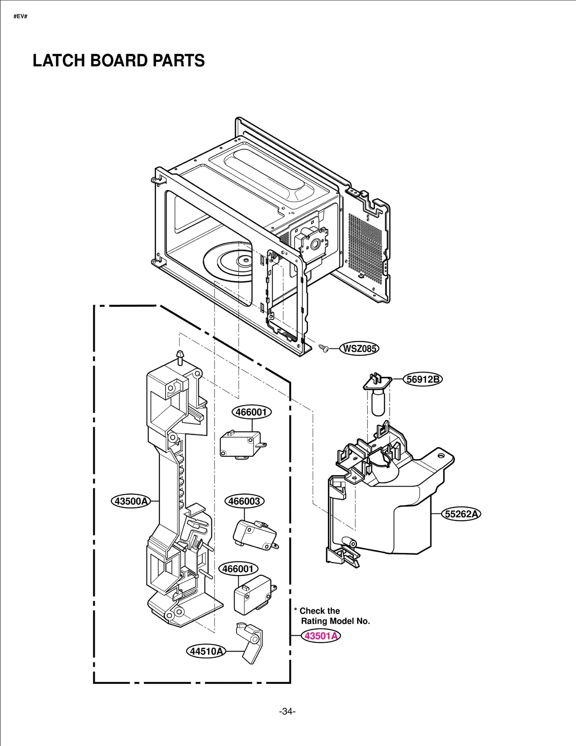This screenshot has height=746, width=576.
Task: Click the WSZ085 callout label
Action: [359, 348]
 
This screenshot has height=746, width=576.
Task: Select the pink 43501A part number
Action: [321, 636]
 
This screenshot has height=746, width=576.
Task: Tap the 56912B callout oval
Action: [422, 379]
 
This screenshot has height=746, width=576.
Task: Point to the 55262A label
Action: [461, 514]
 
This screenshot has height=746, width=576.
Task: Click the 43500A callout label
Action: [130, 501]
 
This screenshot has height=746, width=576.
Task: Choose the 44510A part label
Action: [206, 651]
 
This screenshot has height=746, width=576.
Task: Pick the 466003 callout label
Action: [244, 501]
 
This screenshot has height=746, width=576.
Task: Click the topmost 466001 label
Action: [251, 412]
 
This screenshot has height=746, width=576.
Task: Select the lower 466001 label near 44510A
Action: [238, 569]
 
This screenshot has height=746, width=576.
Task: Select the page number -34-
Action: [287, 711]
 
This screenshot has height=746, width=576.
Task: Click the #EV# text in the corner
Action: [21, 17]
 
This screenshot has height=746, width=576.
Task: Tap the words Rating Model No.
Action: [335, 621]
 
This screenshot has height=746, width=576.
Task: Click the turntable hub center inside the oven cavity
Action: [245, 259]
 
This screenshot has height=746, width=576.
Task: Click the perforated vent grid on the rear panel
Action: [364, 248]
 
